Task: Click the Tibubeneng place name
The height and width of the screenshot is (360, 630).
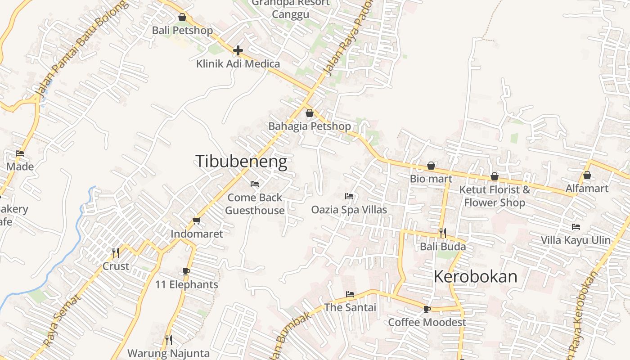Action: [x=241, y=162]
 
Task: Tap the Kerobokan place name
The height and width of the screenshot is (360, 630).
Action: [x=476, y=277]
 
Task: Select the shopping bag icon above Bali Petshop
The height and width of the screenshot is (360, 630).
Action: [x=182, y=18]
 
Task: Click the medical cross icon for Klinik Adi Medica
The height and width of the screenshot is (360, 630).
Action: [x=238, y=50]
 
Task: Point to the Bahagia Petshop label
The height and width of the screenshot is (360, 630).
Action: [x=310, y=126]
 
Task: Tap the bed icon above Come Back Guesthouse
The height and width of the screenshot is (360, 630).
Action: [x=255, y=184]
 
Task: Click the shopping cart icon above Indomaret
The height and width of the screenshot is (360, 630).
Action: [x=196, y=220]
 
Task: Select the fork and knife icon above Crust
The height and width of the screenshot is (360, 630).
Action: [x=116, y=252]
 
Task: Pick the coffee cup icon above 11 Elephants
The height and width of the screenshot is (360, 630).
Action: [x=186, y=271]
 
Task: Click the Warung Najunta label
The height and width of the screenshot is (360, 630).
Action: [x=169, y=353]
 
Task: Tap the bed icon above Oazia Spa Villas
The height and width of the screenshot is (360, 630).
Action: [x=349, y=196]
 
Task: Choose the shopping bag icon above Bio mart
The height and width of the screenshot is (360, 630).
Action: [x=431, y=166]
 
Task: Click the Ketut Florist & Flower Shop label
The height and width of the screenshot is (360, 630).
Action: [x=495, y=196]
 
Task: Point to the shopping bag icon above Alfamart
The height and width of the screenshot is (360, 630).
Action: [x=587, y=175]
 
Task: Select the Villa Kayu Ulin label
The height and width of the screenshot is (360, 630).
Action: [x=576, y=240]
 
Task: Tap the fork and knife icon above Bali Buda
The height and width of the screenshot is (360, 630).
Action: [x=443, y=233]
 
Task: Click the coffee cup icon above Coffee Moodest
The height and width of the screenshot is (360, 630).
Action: [x=427, y=309]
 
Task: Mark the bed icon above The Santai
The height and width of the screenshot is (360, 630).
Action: [x=350, y=294]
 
